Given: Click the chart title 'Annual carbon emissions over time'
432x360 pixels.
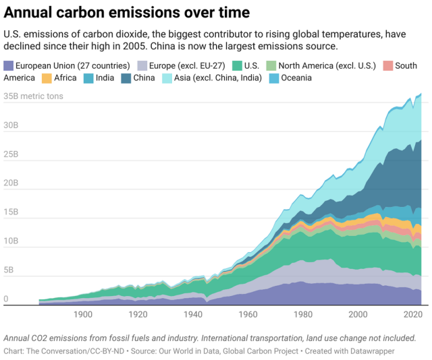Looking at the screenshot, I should pyautogui.click(x=127, y=11).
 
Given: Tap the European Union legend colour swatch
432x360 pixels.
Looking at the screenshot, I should pyautogui.click(x=9, y=65).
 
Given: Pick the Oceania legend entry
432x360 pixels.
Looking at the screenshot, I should pyautogui.click(x=298, y=78).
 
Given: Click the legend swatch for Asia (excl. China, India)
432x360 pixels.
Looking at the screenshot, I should pyautogui.click(x=167, y=78).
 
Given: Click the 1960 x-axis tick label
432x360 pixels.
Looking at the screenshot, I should pyautogui.click(x=248, y=314).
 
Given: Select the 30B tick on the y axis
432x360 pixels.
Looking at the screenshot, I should pyautogui.click(x=12, y=126).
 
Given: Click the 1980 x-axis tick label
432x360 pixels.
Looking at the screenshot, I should pyautogui.click(x=303, y=314).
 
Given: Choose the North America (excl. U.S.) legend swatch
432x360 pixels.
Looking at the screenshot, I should pyautogui.click(x=271, y=65).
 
